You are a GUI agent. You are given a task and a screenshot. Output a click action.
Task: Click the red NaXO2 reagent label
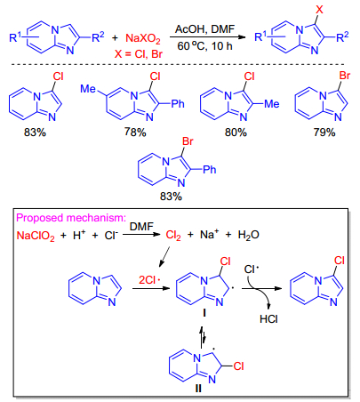143,38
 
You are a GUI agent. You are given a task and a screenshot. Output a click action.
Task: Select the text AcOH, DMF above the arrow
204,29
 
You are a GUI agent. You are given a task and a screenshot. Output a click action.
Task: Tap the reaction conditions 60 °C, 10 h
204,45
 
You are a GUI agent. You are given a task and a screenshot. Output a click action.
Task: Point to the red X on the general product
319,10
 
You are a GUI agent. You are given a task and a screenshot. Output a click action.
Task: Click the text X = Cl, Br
139,54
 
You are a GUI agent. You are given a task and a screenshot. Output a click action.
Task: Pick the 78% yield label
135,132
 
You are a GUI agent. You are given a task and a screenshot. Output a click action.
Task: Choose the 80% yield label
236,132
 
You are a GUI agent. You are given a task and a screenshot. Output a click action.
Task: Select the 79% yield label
324,132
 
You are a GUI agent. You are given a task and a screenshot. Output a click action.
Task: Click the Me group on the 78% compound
88,89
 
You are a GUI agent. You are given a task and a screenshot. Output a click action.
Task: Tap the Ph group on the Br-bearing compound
210,170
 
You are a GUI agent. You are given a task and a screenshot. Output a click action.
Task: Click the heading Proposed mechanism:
71,218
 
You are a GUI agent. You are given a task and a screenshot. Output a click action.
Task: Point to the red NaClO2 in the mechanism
36,236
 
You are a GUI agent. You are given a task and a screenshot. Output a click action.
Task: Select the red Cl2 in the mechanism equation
173,236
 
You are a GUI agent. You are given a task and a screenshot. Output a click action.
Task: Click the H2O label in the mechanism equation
249,235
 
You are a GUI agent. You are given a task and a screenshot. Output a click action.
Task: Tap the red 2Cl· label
149,280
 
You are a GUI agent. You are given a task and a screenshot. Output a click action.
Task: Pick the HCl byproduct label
268,319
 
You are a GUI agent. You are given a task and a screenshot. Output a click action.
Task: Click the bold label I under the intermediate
204,313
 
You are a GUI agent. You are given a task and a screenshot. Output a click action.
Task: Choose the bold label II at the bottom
198,389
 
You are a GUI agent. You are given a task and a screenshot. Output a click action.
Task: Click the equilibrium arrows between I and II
202,337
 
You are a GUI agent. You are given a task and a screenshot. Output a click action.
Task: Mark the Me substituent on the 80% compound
272,104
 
